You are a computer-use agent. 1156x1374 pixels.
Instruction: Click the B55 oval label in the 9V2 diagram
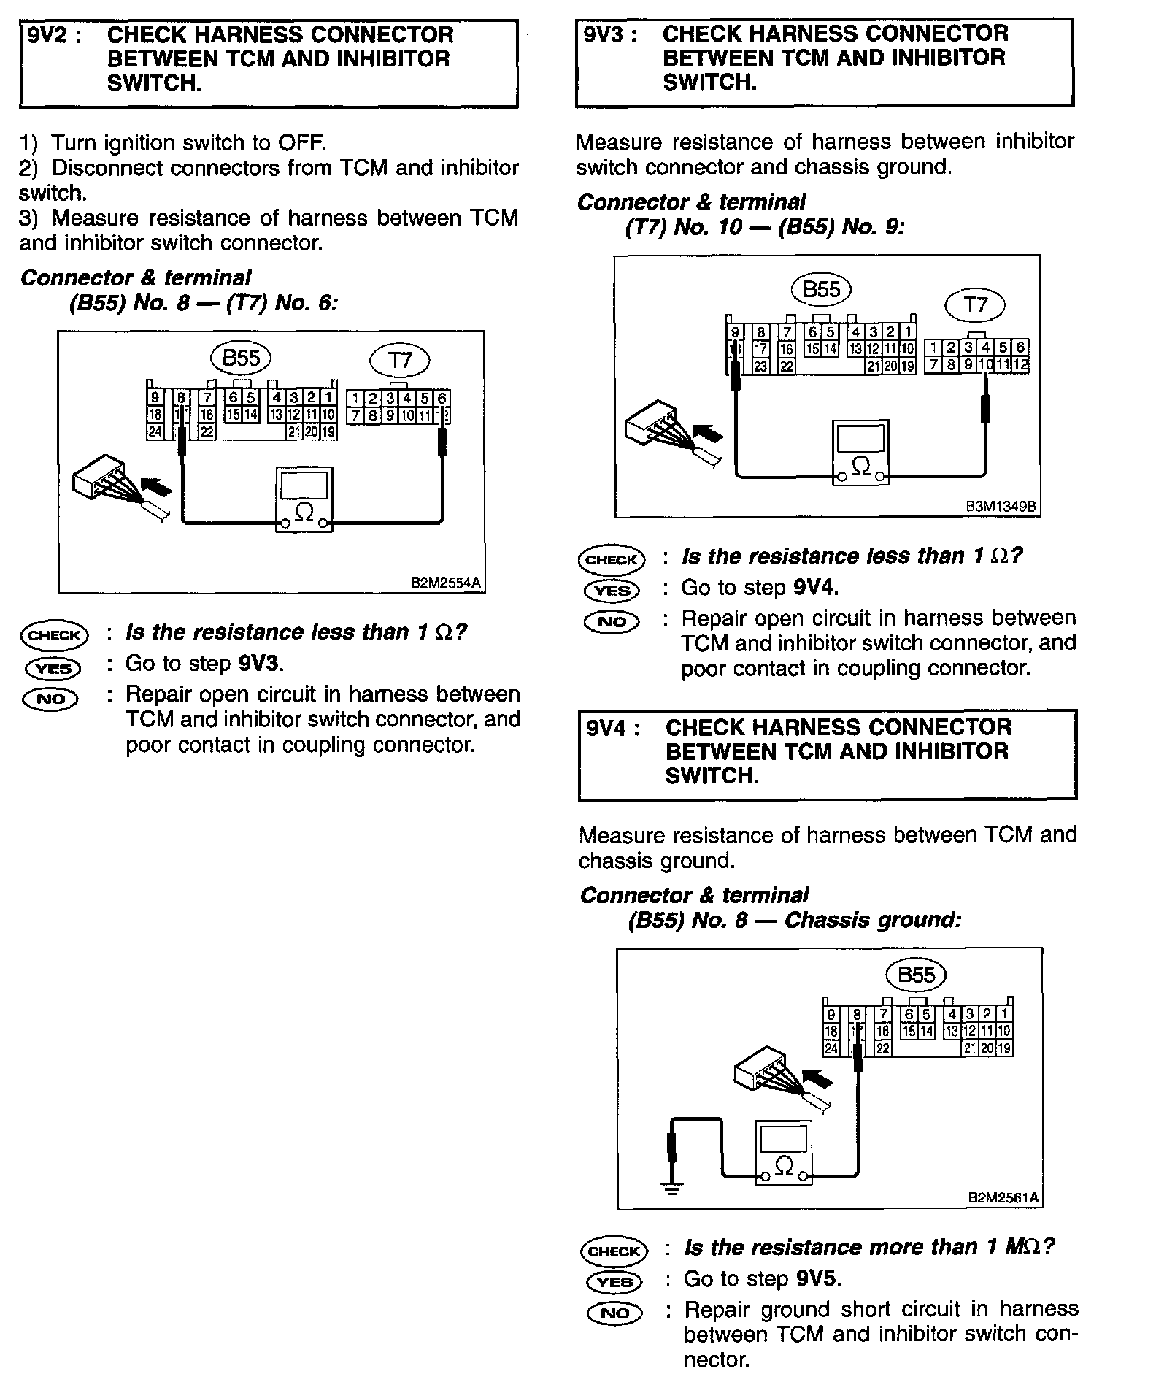[241, 358]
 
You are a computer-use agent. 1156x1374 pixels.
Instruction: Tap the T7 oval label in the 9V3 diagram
[975, 304]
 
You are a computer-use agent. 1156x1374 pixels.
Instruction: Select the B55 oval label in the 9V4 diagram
[916, 975]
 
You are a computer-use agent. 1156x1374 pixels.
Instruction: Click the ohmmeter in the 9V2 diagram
[304, 500]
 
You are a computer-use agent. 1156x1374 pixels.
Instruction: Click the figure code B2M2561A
[1003, 1198]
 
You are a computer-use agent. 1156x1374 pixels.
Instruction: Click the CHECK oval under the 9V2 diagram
[55, 635]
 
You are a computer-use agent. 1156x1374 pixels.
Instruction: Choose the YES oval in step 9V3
[612, 591]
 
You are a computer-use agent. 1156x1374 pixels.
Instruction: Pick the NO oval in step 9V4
[614, 1313]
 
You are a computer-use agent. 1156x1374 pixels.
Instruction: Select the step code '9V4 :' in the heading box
[613, 728]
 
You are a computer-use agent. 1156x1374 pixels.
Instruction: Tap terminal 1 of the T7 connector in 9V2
[355, 399]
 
